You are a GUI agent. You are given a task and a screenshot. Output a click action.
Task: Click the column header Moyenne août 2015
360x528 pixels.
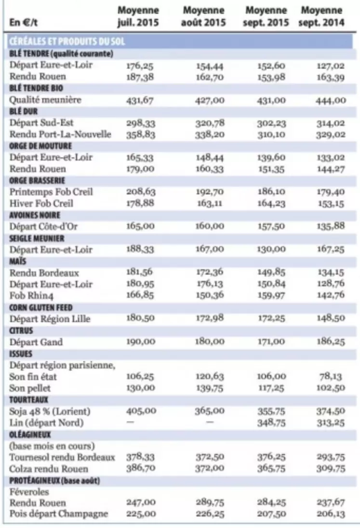coord(203,16)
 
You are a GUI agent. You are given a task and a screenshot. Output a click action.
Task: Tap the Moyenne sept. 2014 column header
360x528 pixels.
coord(321,16)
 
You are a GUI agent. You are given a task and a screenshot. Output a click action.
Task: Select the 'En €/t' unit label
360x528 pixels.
coord(24,23)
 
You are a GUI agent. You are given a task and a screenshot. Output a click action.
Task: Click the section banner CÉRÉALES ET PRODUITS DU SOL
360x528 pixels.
coord(67,41)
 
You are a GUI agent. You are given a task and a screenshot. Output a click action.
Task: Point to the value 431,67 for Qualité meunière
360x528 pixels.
coord(140,100)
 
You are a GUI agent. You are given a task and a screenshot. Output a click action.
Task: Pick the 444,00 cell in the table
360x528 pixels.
coord(331,100)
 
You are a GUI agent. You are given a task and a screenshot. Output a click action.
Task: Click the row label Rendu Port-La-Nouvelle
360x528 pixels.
coord(60,135)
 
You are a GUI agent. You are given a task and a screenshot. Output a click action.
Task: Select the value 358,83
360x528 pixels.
coord(141,135)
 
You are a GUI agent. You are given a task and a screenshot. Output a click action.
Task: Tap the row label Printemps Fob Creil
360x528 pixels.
coord(51,192)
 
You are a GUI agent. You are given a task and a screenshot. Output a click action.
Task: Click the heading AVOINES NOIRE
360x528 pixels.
coord(35,215)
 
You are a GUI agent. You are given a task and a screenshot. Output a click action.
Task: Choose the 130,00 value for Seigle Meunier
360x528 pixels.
coord(271,249)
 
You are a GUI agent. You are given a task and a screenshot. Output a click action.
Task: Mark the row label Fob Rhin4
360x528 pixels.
coord(31,295)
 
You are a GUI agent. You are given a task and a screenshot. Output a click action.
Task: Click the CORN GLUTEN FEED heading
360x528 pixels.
coord(40,308)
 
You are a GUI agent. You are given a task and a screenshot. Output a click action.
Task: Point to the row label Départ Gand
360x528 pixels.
coord(36,342)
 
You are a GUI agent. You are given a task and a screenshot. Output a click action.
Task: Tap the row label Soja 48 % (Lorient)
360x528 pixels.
coord(50,411)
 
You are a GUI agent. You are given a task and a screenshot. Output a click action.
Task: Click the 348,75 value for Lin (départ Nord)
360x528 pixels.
coord(271,422)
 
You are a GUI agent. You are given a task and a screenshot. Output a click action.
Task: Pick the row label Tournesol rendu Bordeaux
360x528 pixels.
coord(62,457)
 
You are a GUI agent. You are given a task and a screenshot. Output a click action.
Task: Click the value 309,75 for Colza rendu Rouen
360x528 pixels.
coord(331,468)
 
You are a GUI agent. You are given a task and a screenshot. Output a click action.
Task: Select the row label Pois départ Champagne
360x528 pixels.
coord(59,514)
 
